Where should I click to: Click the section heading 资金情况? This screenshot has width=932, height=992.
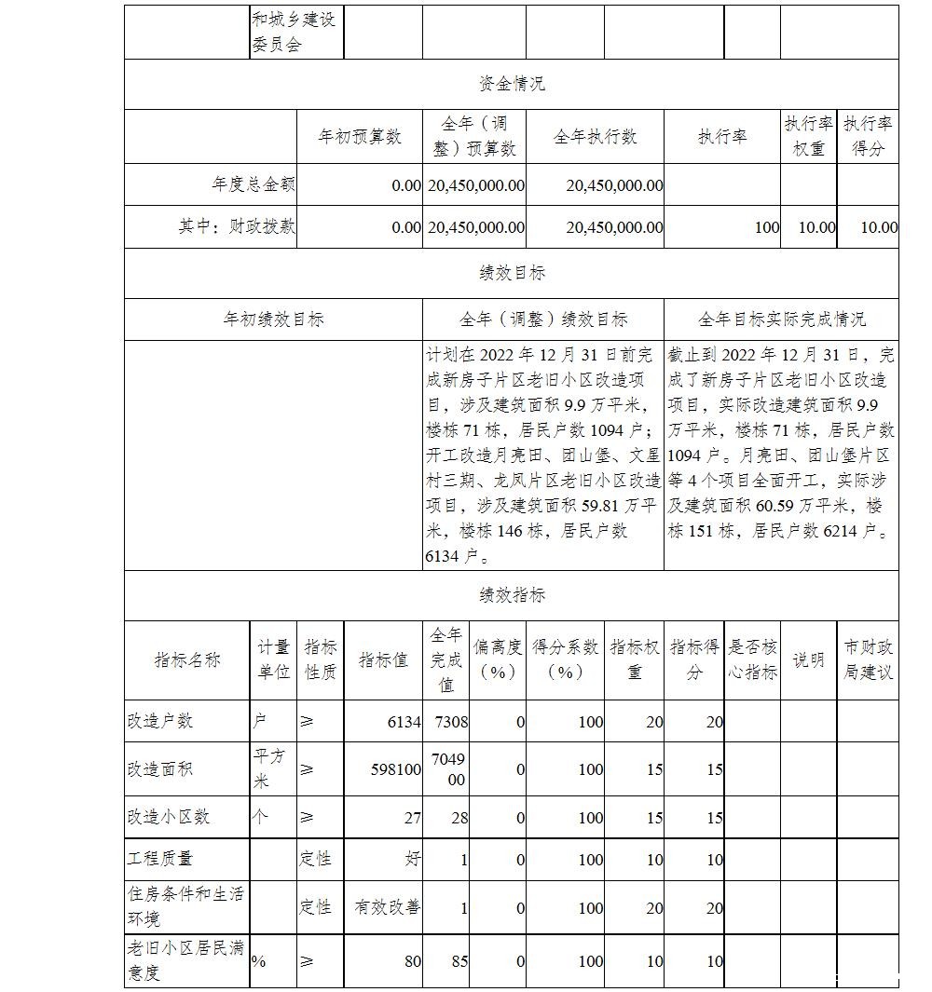[512, 84]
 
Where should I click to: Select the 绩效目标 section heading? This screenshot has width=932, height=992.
[512, 273]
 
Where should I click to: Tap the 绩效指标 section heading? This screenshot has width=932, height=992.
[512, 595]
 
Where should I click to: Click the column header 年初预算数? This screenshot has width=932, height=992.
[360, 137]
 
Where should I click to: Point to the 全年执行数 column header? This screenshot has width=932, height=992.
[595, 137]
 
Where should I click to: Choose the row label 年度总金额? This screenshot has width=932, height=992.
[254, 184]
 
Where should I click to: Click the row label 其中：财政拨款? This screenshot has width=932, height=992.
[237, 226]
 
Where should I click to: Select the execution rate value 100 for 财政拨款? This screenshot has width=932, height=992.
[767, 227]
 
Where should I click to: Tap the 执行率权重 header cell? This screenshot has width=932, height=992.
[808, 137]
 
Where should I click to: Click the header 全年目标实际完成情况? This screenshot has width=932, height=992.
[781, 319]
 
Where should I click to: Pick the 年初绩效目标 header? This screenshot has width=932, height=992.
[273, 319]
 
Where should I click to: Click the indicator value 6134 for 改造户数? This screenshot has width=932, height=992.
[403, 722]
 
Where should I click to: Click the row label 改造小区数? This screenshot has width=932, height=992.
[169, 817]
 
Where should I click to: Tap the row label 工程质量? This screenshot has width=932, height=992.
[160, 858]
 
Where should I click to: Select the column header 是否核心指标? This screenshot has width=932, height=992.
[752, 659]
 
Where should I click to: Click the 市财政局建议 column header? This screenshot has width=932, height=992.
[868, 659]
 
